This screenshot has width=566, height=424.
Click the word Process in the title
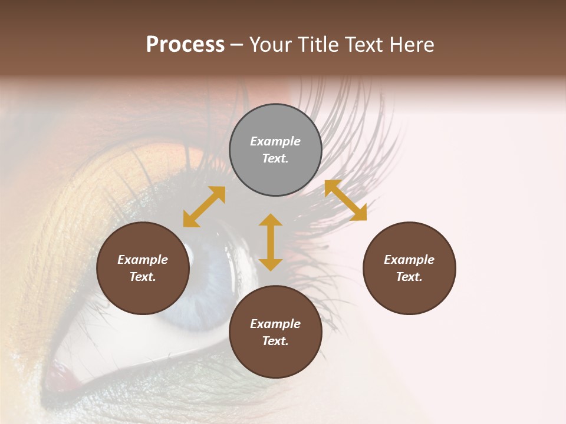tap(185, 45)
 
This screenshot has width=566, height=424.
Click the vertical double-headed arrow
tap(271, 242)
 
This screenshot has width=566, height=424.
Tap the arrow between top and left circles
tap(204, 207)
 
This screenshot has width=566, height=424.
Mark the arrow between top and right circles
tap(345, 200)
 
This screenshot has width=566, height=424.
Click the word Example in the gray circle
tap(275, 141)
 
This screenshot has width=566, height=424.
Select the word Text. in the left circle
tap(143, 277)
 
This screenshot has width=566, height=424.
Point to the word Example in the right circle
tap(409, 260)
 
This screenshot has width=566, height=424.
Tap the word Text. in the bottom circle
tap(275, 341)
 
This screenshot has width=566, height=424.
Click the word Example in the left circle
tap(143, 260)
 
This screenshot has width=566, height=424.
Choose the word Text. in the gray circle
tap(275, 158)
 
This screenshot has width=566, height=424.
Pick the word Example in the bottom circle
tap(275, 324)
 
